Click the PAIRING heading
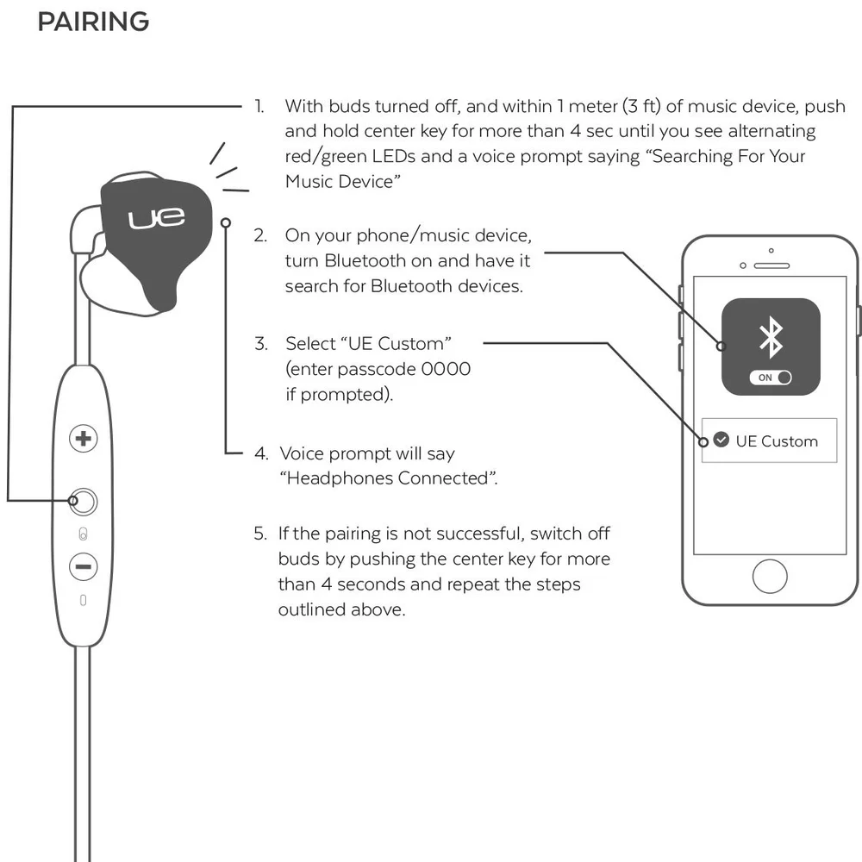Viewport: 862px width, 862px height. [x=93, y=22]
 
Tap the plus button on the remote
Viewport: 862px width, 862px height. [x=83, y=439]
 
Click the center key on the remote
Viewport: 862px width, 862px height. [x=83, y=500]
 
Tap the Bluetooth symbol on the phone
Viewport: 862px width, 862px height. [x=770, y=338]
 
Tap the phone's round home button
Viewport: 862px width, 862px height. [x=770, y=575]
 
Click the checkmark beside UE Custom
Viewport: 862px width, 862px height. [x=721, y=440]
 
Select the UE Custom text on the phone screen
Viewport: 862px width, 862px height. [x=777, y=441]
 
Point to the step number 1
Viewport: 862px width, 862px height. [x=258, y=107]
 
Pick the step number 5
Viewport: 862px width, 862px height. [x=259, y=534]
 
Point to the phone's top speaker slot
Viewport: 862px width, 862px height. [x=771, y=265]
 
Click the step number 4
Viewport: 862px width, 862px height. [x=260, y=453]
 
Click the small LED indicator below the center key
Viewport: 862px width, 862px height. [x=83, y=532]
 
